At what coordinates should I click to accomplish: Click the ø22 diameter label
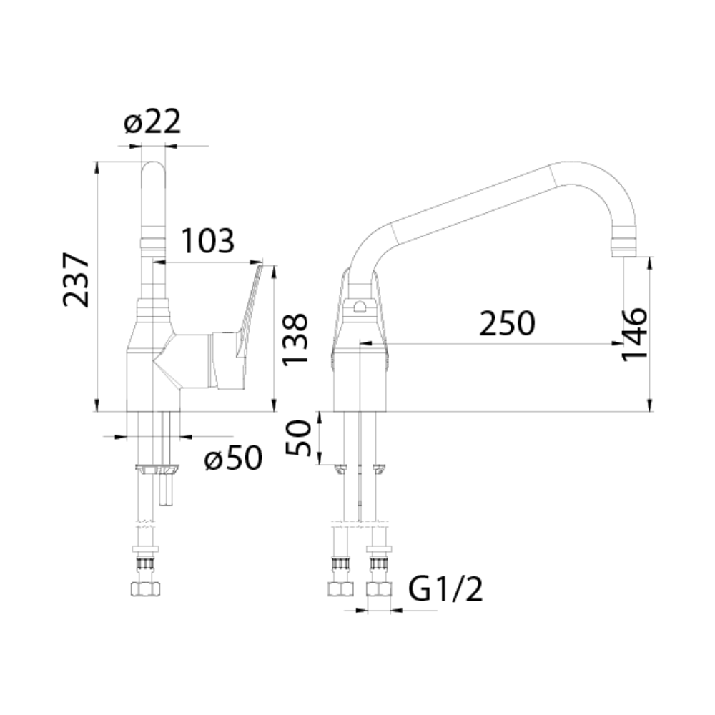tap(152, 122)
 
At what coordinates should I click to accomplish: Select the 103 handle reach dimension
tap(208, 240)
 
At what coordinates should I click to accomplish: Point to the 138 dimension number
tap(295, 340)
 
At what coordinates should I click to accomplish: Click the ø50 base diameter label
tap(234, 458)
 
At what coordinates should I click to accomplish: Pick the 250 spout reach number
tap(507, 324)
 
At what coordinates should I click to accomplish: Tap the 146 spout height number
tap(635, 334)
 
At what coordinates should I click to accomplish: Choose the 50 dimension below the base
tap(297, 438)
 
